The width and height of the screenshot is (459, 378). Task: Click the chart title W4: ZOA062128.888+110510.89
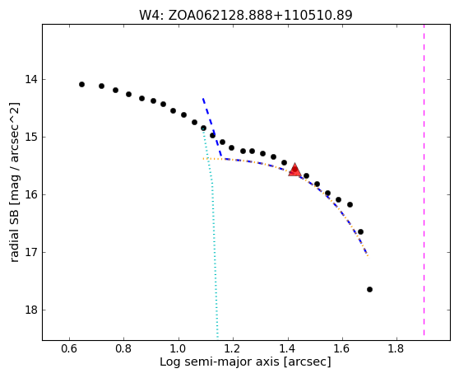(245, 15)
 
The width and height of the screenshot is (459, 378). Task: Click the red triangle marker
(294, 170)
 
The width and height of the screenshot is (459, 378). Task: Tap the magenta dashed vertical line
(424, 180)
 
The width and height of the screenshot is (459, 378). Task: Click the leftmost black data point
(81, 84)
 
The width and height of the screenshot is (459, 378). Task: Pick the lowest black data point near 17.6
(369, 290)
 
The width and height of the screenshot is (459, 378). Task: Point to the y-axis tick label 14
(31, 79)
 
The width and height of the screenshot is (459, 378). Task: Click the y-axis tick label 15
(31, 137)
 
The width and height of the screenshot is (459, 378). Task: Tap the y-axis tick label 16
(31, 194)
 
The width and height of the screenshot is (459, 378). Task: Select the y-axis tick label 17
(31, 252)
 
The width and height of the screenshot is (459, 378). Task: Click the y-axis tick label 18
(31, 310)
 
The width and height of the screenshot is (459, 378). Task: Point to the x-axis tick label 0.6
(69, 348)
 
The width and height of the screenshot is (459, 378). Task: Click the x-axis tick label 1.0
(178, 348)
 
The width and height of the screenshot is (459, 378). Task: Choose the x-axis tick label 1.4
(288, 348)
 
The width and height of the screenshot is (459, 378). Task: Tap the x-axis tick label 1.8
(396, 348)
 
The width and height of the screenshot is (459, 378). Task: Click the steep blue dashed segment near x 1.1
(212, 127)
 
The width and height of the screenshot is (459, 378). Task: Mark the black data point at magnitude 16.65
(360, 231)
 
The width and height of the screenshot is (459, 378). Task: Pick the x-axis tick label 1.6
(341, 348)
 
